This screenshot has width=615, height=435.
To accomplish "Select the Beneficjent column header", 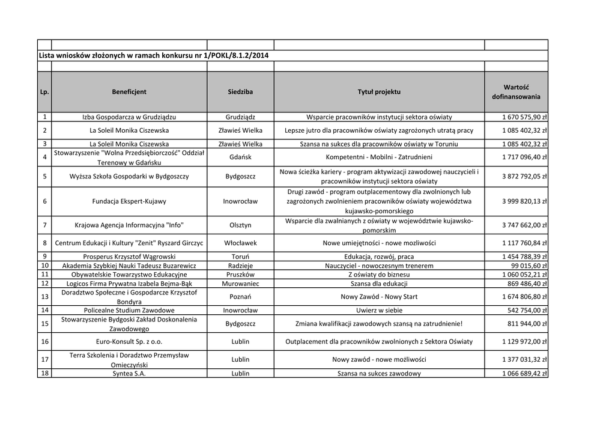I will pyautogui.click(x=129, y=92).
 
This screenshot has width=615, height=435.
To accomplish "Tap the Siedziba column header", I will pyautogui.click(x=240, y=92).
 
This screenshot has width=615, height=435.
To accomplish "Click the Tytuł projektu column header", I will pyautogui.click(x=379, y=92).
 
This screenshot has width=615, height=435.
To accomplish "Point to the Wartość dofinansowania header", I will pyautogui.click(x=516, y=92).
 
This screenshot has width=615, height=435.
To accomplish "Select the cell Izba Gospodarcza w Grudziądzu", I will pyautogui.click(x=129, y=117).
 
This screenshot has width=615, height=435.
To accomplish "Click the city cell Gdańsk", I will pyautogui.click(x=240, y=157).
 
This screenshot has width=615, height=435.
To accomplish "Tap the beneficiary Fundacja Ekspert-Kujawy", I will pyautogui.click(x=129, y=201).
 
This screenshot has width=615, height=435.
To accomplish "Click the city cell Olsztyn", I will pyautogui.click(x=240, y=225).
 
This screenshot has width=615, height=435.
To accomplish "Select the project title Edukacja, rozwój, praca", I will pyautogui.click(x=379, y=257).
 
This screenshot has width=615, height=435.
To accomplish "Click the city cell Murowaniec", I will pyautogui.click(x=240, y=284).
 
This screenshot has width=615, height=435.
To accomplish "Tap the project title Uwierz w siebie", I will pyautogui.click(x=379, y=311).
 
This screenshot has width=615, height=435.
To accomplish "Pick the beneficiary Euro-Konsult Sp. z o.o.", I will pyautogui.click(x=129, y=341).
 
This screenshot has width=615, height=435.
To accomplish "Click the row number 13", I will pyautogui.click(x=44, y=297).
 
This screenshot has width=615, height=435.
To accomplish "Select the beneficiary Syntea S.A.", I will pyautogui.click(x=129, y=374).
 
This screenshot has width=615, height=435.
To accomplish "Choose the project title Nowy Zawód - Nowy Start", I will pyautogui.click(x=379, y=297).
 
